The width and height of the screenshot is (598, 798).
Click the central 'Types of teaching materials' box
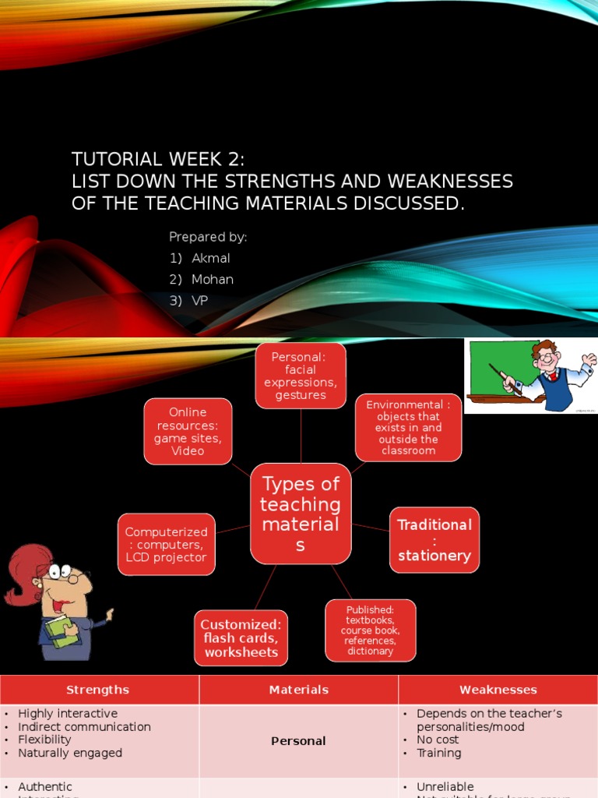point(301,514)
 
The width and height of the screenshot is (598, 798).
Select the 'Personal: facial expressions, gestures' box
point(301,376)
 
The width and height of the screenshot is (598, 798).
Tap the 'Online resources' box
point(188,431)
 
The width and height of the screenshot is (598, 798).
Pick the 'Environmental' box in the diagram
point(408,427)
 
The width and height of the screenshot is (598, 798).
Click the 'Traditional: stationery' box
point(434,540)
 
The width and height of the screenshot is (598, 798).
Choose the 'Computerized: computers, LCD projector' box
point(167,544)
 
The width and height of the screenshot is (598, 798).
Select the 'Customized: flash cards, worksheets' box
point(241,638)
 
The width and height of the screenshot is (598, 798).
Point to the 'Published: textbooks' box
point(370,630)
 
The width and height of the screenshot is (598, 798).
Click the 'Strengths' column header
point(98,690)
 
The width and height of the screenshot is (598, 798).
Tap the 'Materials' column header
point(299,690)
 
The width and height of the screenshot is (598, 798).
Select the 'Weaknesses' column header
point(498,690)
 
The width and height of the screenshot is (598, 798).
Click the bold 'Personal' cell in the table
point(298,741)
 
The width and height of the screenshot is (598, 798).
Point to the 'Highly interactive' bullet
point(68,714)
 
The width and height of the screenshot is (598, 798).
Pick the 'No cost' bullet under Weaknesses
point(438,740)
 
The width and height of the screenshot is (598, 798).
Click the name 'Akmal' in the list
point(211,258)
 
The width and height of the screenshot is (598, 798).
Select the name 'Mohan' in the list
point(213,279)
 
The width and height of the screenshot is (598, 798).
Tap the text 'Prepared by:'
point(208,237)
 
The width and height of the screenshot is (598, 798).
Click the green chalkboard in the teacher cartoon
point(498,366)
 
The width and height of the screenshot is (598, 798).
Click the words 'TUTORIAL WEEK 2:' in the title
point(158,160)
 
